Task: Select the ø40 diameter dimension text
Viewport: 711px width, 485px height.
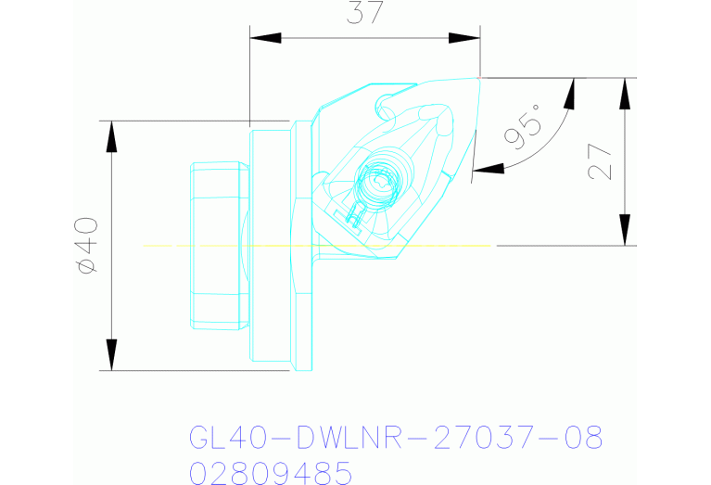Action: point(87,245)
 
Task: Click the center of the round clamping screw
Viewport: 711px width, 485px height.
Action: point(379,178)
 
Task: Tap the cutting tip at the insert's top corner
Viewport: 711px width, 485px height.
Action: point(480,77)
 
